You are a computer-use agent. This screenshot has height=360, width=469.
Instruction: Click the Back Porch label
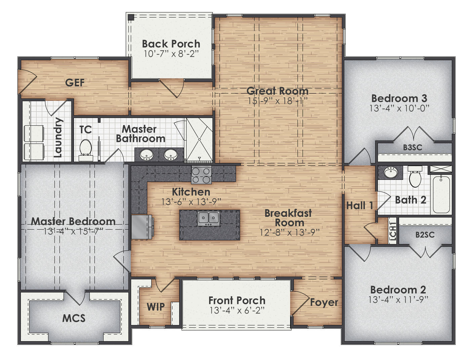click(171, 44)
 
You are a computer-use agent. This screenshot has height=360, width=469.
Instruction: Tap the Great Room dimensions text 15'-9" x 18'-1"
click(278, 101)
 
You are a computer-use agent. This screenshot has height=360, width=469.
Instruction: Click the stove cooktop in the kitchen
click(201, 175)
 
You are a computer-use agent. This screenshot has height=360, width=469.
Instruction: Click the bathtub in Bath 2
click(441, 194)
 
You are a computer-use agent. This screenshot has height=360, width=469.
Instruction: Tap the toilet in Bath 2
click(415, 177)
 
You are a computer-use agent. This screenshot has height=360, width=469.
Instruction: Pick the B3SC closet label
click(413, 148)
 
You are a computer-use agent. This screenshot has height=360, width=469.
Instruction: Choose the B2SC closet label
click(425, 235)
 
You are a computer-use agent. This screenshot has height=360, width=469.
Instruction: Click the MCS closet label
click(74, 318)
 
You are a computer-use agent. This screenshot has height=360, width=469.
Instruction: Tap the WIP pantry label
click(156, 307)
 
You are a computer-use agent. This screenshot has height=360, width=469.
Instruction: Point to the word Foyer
click(324, 302)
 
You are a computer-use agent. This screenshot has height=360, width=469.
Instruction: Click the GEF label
click(75, 82)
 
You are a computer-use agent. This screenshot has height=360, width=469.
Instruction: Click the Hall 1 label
click(360, 205)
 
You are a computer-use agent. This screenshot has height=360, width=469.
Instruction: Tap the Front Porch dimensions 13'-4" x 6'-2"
click(237, 310)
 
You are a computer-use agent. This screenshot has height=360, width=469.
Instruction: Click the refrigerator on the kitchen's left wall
click(141, 227)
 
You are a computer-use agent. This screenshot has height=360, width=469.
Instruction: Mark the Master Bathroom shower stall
click(199, 139)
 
